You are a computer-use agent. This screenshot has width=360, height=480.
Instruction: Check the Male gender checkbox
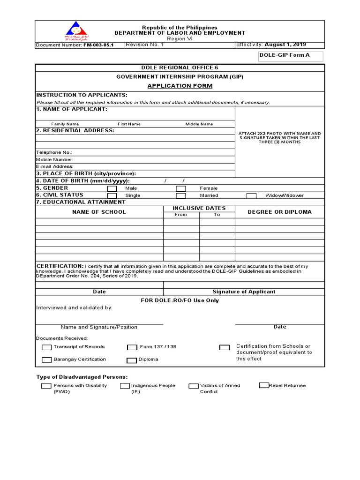coord(112,188)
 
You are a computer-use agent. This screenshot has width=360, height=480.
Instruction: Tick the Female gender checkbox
coord(180,188)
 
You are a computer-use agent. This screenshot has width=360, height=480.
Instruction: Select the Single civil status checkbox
coord(112,195)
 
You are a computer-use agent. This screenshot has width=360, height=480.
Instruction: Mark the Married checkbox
coord(180,195)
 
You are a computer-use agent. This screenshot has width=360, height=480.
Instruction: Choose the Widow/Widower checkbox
coord(251,195)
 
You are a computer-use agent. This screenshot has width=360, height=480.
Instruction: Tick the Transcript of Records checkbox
coord(47,347)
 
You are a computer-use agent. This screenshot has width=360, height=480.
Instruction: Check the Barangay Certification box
coord(46,360)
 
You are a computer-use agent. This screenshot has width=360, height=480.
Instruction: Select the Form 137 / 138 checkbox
coord(132,347)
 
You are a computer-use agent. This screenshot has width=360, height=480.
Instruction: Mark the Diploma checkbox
coord(131,360)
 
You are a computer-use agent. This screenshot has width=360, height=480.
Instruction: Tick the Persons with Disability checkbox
coord(46,386)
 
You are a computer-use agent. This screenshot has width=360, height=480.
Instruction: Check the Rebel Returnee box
coord(264,385)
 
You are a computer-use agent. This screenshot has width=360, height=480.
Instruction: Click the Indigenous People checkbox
coord(125,386)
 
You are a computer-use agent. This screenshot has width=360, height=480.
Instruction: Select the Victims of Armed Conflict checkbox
coord(194,386)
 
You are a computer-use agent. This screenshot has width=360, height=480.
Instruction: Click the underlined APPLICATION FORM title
coord(180,86)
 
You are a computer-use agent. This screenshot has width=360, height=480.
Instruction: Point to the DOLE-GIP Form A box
coord(285,56)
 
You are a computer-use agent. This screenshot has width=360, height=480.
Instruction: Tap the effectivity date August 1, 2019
coord(285,45)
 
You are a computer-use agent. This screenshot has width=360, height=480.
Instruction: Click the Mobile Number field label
coord(55,159)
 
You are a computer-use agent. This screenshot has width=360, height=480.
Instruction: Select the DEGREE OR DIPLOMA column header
coord(279,212)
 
